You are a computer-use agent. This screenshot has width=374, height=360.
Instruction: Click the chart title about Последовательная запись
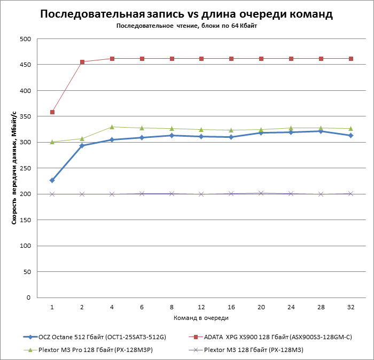186,14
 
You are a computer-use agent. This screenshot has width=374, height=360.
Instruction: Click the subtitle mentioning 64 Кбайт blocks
186,26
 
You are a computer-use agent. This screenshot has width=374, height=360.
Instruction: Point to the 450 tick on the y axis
25,65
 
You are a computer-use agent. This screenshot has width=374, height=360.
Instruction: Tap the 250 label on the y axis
25,168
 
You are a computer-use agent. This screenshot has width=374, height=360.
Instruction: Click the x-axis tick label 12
201,308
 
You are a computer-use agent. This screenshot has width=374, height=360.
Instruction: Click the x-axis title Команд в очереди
201,318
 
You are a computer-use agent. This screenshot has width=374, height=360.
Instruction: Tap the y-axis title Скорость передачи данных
14,168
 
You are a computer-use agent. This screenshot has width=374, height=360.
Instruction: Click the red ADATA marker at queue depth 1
52,112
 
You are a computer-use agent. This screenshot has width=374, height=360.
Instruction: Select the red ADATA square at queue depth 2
82,62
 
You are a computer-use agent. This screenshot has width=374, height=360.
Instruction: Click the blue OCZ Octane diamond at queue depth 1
52,181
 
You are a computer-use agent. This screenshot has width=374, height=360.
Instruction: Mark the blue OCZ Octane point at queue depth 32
351,136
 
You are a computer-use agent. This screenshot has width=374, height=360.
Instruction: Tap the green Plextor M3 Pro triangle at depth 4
112,127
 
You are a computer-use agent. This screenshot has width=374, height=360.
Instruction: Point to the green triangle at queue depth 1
52,142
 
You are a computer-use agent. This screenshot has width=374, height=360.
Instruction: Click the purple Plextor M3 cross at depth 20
261,193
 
